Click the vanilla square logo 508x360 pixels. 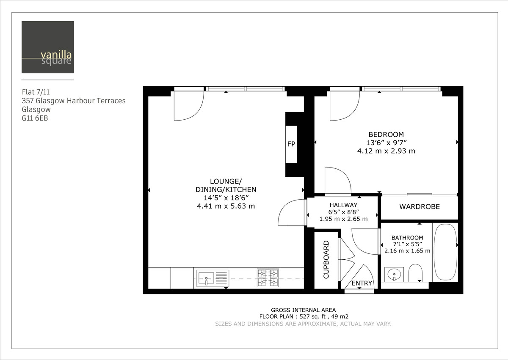coord(48,47)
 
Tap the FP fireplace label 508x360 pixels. coord(291,144)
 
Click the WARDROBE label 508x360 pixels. coord(420,207)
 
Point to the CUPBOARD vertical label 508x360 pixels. coord(326,260)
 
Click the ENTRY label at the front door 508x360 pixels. coord(362,283)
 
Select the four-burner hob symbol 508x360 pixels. coord(268,278)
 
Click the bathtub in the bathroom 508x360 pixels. coord(445,252)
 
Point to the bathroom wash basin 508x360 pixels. coord(394,275)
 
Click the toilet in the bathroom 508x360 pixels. coord(415,274)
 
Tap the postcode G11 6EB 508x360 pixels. coord(35,118)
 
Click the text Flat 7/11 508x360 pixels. coord(38,92)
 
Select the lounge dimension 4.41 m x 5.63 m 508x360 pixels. coord(226,206)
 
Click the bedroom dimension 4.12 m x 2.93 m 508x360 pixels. coord(386,151)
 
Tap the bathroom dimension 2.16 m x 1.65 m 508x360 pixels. coord(407,250)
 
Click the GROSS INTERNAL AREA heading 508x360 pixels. coord(303,310)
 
